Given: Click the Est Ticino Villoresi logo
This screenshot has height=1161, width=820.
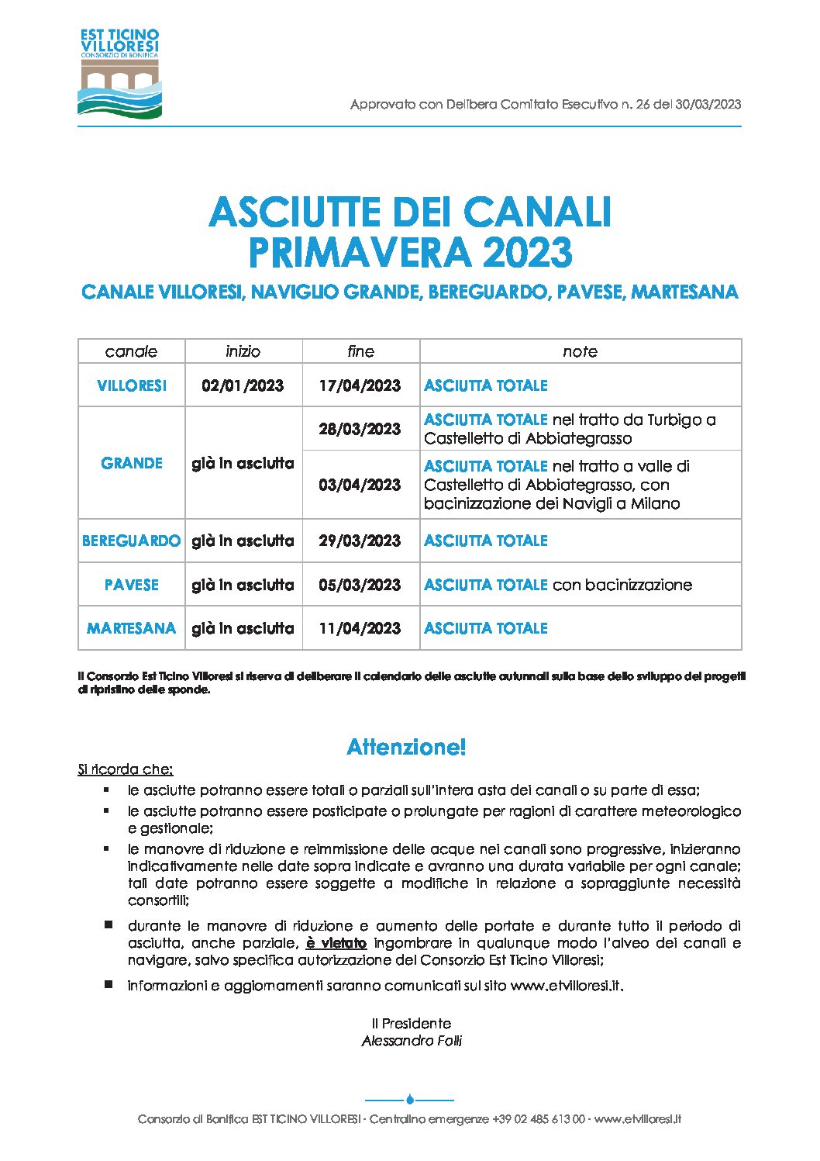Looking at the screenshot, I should [x=119, y=73].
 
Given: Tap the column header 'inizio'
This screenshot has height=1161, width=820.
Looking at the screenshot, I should [x=243, y=351].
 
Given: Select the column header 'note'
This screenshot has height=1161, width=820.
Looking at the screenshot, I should [x=580, y=351].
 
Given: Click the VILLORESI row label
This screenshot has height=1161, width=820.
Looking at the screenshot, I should [x=132, y=385].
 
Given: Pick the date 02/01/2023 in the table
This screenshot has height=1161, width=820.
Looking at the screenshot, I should [x=243, y=385].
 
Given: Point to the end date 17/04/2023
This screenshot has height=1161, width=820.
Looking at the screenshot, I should [x=360, y=385].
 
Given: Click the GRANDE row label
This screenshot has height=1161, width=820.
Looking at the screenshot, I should [x=132, y=463].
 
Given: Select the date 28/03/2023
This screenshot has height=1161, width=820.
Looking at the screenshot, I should [x=360, y=429].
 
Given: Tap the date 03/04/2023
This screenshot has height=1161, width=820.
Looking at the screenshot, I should [x=360, y=485].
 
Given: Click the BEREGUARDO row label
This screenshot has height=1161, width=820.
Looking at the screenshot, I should [x=131, y=541].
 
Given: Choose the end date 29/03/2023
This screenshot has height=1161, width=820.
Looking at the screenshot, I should [x=360, y=541].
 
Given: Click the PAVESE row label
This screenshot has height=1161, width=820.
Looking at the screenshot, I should [x=132, y=585].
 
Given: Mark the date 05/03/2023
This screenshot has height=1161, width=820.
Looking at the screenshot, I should [x=360, y=585].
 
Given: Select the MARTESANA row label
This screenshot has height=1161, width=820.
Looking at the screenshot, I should [x=132, y=628].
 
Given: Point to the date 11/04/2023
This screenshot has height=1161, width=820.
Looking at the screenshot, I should [x=360, y=628].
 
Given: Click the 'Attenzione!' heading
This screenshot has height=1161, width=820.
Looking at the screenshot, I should [x=406, y=747].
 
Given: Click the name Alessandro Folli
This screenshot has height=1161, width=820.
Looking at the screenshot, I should [x=412, y=1041].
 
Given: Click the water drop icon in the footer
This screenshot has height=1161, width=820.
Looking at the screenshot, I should [x=409, y=1099].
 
